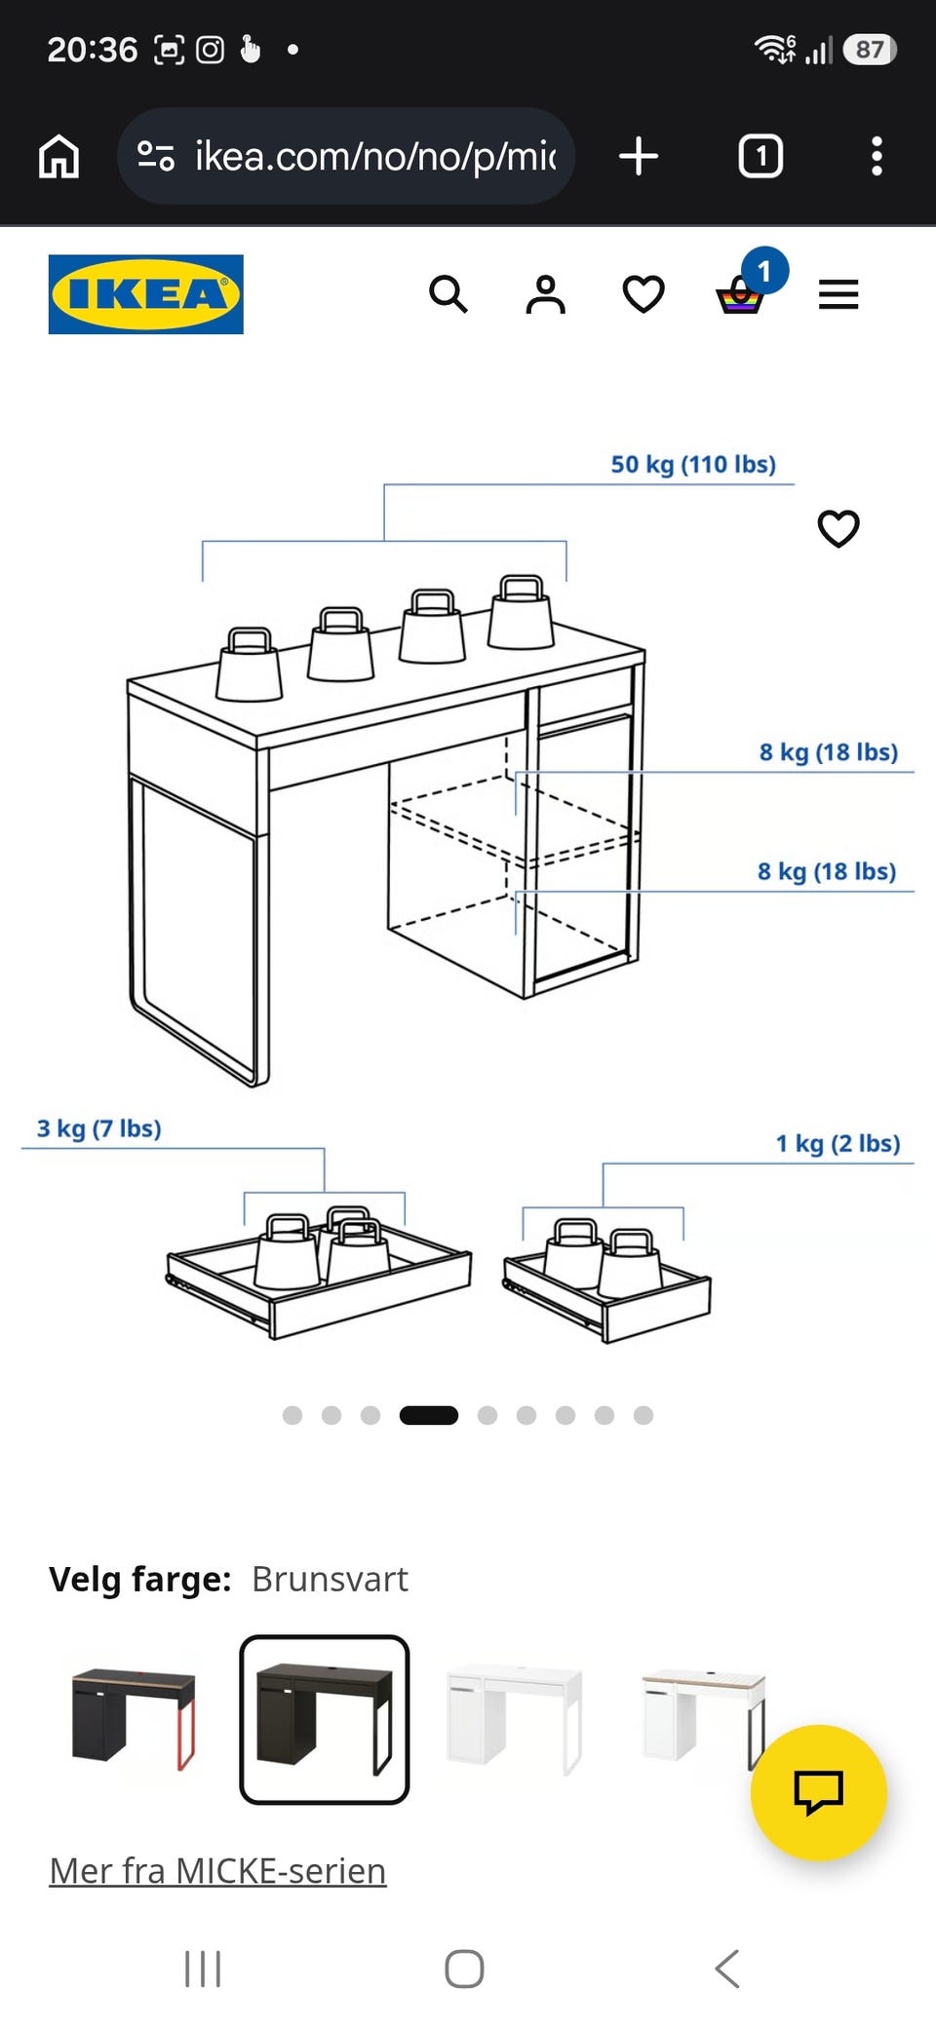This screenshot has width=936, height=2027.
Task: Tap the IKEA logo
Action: tap(146, 294)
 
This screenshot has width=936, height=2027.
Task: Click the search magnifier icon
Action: tap(448, 293)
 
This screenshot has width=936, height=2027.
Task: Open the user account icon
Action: tap(546, 294)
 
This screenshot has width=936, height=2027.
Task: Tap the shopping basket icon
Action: tap(740, 295)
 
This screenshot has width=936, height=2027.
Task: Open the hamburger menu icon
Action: tap(838, 294)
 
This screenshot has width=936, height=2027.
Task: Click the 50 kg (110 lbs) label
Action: tap(693, 464)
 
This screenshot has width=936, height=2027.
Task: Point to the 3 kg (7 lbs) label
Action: tap(99, 1128)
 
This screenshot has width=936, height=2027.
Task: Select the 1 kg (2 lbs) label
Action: tap(838, 1143)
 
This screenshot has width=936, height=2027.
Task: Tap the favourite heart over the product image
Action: tap(838, 528)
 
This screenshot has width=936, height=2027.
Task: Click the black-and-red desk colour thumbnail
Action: tap(134, 1719)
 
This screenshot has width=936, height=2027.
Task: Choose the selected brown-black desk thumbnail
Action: tap(325, 1719)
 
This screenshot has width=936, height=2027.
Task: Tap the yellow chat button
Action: tap(818, 1792)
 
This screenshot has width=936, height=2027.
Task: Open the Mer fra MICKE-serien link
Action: tap(218, 1870)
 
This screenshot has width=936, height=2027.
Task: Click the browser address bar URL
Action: tap(376, 156)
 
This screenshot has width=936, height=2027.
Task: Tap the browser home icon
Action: tap(58, 156)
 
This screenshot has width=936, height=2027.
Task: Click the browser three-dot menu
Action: tap(877, 156)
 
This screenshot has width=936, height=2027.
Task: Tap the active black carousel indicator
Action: tap(429, 1415)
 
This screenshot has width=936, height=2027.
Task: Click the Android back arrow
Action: tap(727, 1969)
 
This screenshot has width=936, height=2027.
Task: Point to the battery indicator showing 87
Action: tap(871, 50)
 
